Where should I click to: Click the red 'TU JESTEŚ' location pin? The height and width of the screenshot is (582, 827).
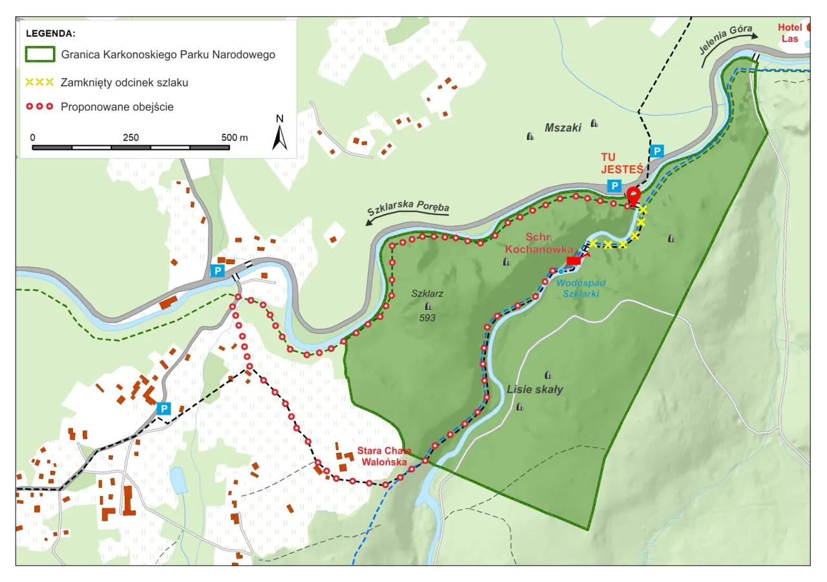(633, 194)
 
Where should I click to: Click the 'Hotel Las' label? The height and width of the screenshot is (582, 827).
(790, 33)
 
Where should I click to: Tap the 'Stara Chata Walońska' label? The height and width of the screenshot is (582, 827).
(383, 457)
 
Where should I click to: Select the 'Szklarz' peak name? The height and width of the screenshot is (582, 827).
(427, 293)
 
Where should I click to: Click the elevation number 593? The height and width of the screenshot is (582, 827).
(427, 318)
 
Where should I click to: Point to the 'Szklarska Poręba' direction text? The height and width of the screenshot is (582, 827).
(408, 210)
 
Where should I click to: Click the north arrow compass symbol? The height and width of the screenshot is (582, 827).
(279, 133)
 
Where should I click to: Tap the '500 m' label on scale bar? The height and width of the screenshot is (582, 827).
(234, 138)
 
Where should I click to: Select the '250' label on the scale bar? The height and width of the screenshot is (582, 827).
(131, 138)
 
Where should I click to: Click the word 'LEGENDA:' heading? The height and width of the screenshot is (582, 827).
(51, 32)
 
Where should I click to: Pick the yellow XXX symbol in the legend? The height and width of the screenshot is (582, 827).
(39, 82)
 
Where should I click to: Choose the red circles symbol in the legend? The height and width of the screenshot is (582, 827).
(39, 107)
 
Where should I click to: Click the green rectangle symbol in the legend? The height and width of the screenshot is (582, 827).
(39, 54)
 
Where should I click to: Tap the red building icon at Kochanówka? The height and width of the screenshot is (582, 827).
(573, 260)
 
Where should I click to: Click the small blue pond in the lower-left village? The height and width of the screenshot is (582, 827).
(177, 481)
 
